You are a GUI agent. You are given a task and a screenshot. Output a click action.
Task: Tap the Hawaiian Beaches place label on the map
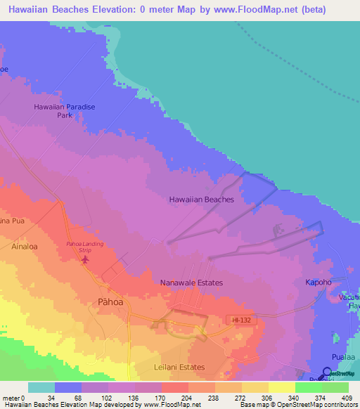(201, 200)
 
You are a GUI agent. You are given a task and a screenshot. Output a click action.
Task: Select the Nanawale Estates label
(191, 283)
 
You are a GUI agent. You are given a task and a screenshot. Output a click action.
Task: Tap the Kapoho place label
(318, 283)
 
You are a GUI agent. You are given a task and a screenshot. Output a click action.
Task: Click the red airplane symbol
(86, 261)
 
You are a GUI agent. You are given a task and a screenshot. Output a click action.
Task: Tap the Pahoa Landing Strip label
(84, 247)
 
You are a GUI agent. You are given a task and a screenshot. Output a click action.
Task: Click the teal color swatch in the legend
(41, 387)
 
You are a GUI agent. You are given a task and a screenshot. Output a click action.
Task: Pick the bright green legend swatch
(309, 387)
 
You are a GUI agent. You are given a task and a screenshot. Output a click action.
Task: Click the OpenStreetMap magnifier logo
(327, 373)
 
